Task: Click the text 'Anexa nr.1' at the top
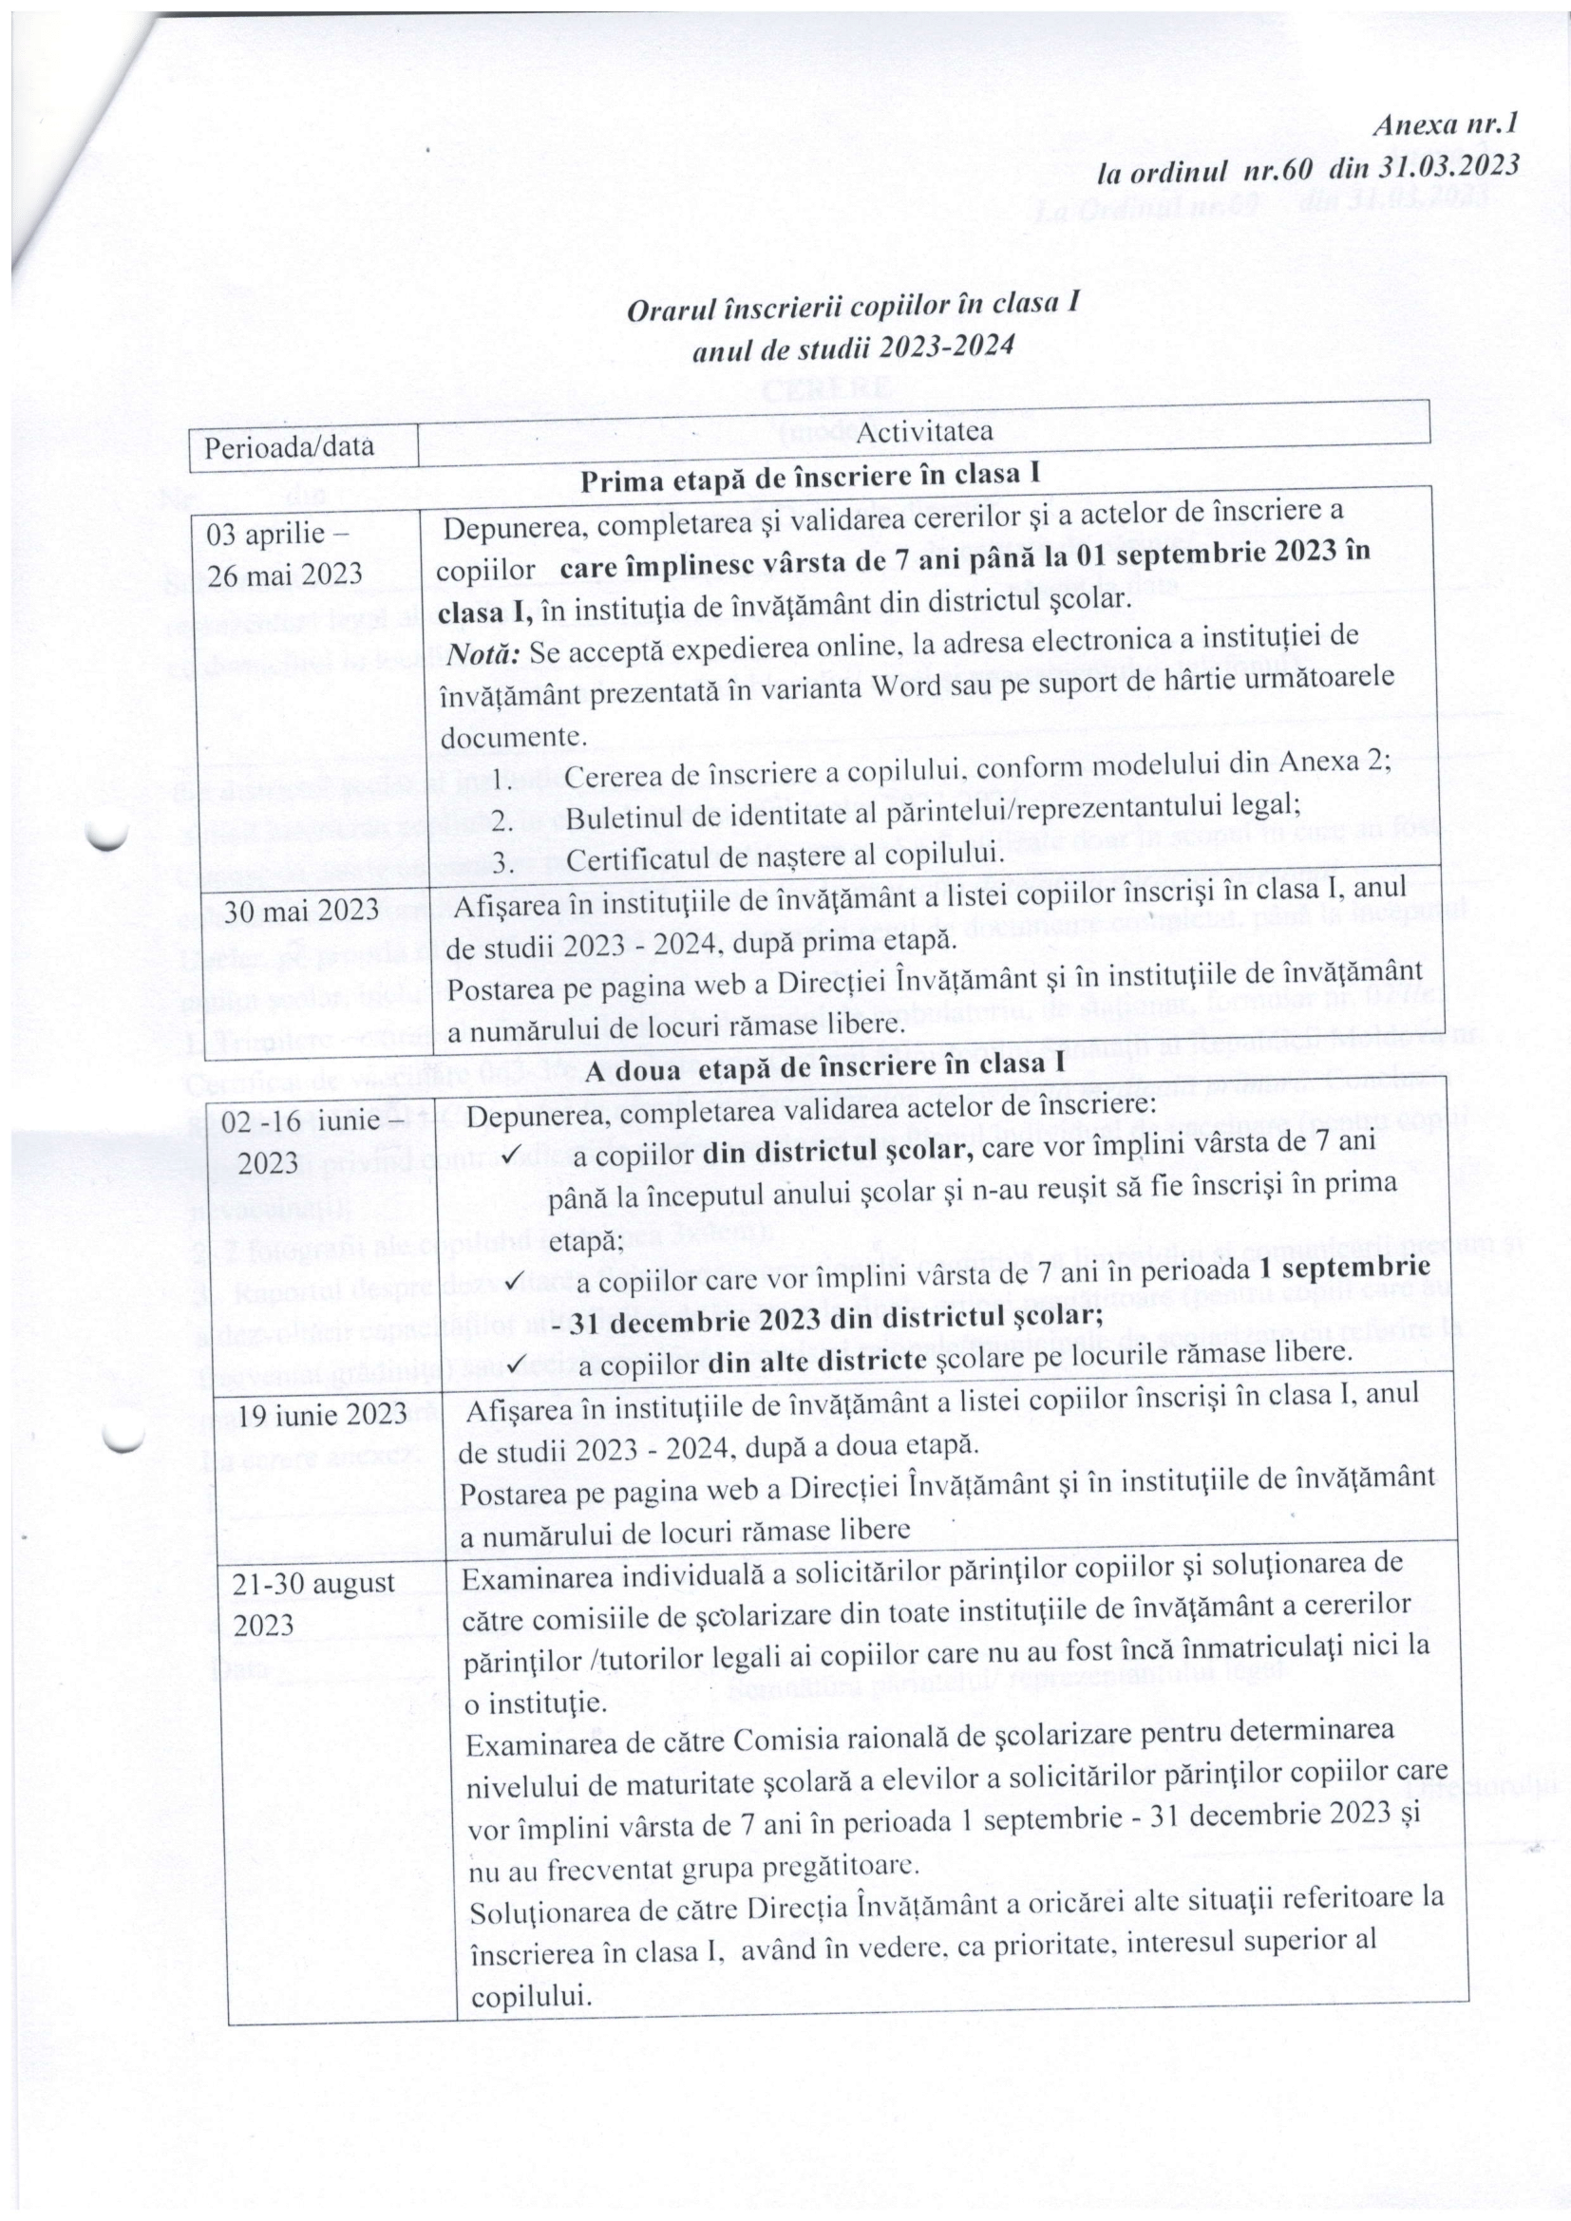(x=1446, y=122)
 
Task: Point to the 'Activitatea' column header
(x=923, y=431)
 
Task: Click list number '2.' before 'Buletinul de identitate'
(x=504, y=819)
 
